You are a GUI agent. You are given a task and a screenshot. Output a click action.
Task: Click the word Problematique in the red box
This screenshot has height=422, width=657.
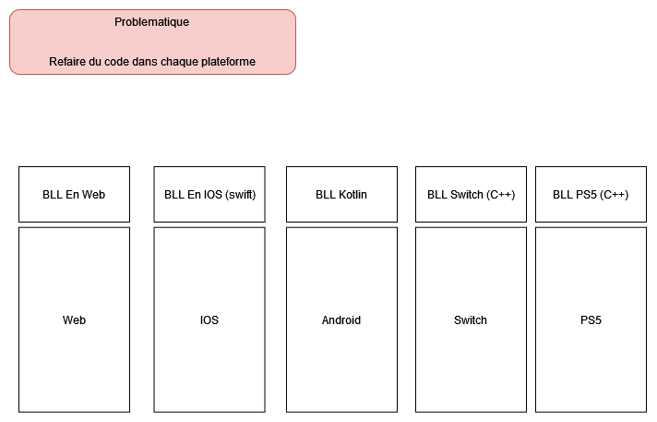point(152,22)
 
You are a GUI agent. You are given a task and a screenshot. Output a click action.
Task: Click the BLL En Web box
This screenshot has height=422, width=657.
point(74,195)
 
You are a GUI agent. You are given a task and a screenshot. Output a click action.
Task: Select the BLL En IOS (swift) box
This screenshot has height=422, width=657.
point(209,195)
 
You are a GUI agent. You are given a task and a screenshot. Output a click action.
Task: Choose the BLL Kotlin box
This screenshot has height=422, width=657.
point(341,195)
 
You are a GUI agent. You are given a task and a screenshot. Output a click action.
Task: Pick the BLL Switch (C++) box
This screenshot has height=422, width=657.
point(471,195)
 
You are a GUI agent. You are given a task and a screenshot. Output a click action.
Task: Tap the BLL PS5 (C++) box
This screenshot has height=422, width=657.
point(591,195)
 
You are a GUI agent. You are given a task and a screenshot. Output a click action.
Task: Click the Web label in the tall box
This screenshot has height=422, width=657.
point(74,320)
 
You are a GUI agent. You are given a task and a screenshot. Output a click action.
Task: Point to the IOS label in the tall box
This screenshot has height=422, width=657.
point(209,320)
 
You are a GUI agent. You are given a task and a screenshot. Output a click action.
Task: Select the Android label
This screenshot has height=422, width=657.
point(341,320)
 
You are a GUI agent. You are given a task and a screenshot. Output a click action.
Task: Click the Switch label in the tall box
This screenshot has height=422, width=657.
point(471,320)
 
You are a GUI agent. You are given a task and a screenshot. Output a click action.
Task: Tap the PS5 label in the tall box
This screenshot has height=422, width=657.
point(591,320)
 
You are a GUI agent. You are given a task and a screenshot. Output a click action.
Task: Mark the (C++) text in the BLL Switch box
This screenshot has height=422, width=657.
point(500,195)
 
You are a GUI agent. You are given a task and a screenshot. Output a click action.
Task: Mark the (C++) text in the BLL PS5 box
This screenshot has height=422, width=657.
point(614,195)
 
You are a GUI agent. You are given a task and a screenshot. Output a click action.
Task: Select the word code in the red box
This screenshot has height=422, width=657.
point(121,62)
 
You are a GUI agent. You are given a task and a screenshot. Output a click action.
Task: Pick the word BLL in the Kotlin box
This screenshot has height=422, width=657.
point(326,195)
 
